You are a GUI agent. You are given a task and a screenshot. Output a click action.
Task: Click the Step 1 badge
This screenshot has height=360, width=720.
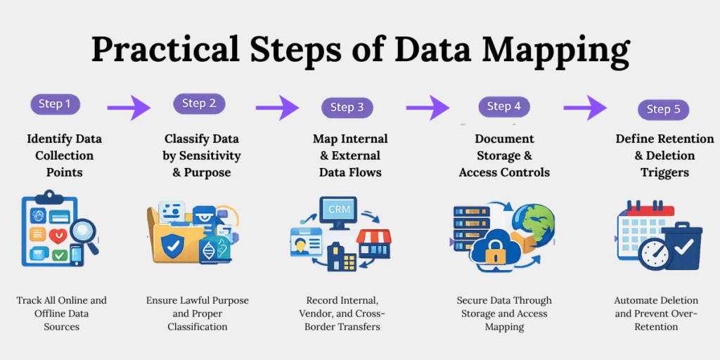point(55,104)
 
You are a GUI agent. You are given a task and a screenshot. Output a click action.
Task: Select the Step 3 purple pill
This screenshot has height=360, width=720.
point(347,108)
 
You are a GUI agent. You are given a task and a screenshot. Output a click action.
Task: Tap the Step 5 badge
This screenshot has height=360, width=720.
point(663,109)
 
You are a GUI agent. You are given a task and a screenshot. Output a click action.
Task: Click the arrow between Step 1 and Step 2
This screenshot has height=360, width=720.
point(129,108)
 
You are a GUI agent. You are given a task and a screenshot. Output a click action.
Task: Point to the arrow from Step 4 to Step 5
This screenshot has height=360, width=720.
point(585,108)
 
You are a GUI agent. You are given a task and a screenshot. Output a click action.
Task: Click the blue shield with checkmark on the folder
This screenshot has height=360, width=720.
point(172,245)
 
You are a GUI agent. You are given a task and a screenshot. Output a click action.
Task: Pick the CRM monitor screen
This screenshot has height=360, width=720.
point(338,210)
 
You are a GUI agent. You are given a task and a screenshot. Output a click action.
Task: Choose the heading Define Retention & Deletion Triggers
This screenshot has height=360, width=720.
point(664,155)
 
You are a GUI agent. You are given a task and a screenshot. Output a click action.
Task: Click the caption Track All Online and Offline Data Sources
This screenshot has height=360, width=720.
point(62,313)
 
